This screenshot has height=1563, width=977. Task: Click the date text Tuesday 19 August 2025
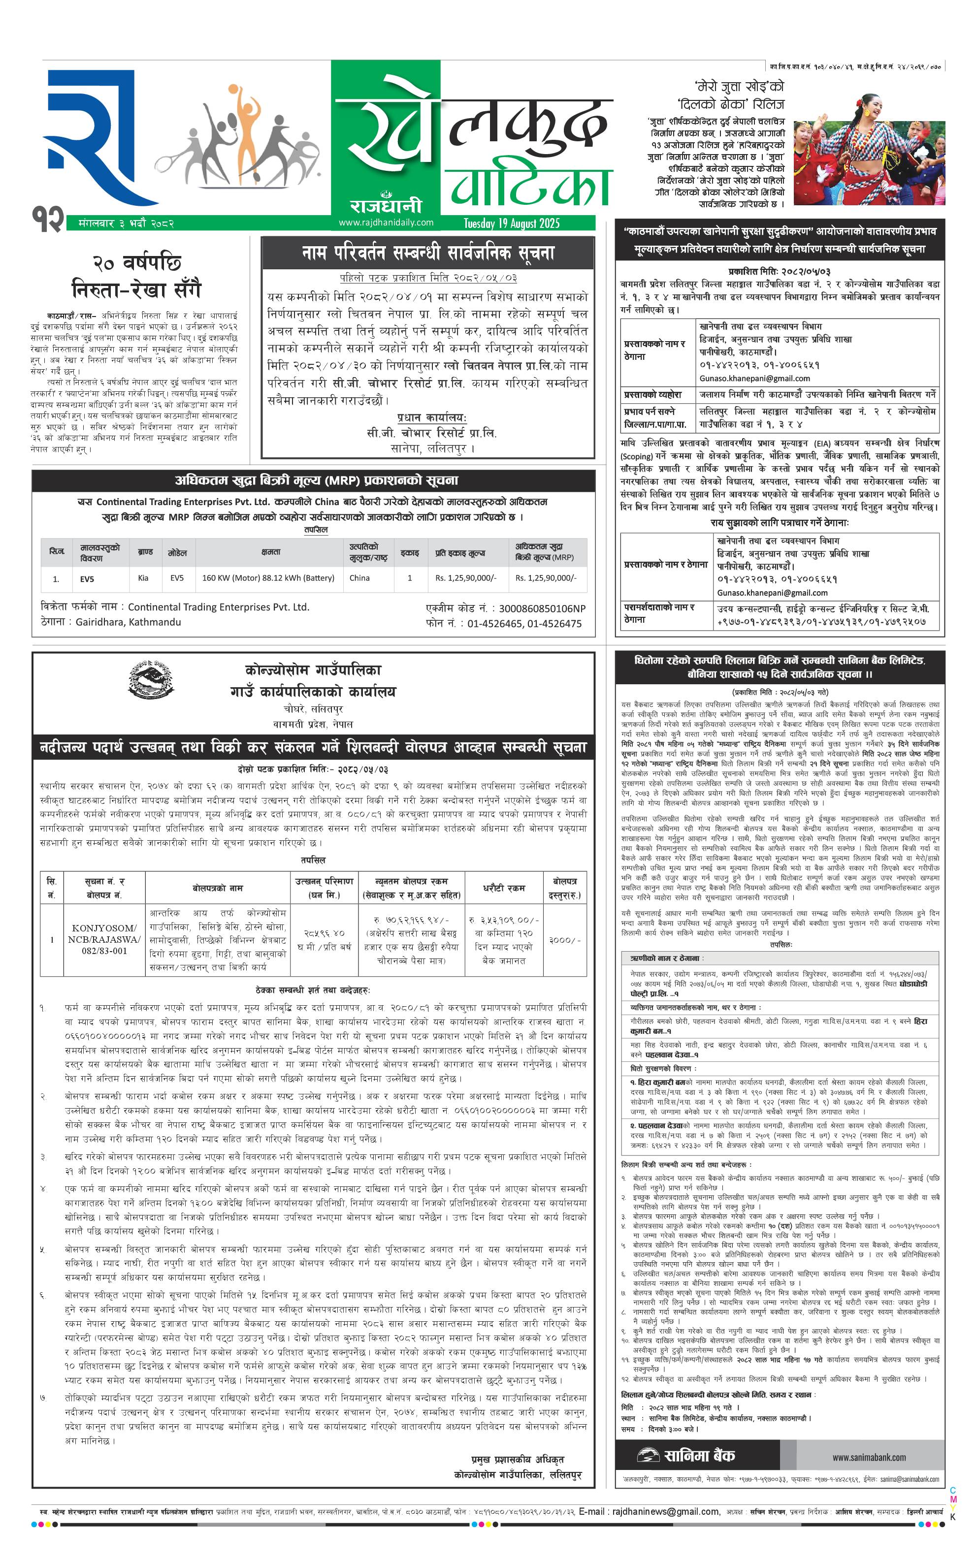[511, 223]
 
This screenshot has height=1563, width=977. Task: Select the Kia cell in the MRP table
[143, 578]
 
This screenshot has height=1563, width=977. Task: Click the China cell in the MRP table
[359, 578]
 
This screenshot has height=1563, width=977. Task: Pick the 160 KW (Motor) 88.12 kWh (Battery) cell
[268, 578]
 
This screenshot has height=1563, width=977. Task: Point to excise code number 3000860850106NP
[542, 608]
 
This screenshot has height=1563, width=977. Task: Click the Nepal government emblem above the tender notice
[151, 679]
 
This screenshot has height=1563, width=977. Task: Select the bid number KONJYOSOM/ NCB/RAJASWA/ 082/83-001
[103, 939]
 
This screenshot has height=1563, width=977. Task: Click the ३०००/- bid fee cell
[565, 940]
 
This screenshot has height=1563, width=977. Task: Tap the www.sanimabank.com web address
[869, 1457]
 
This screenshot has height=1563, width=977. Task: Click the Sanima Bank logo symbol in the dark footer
[648, 1456]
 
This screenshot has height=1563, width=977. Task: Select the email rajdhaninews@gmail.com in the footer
[666, 1511]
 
